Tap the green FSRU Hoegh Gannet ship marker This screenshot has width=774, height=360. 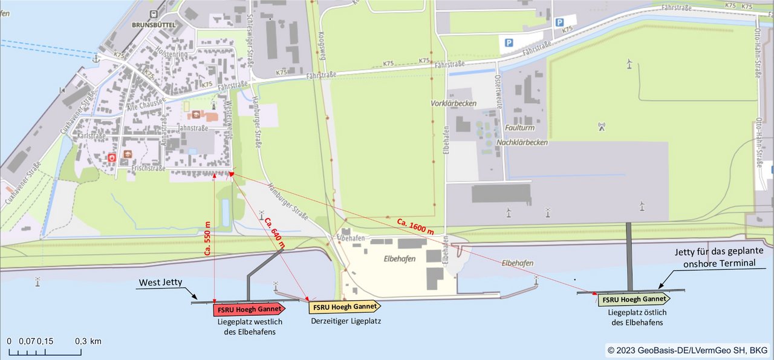pos(634,299)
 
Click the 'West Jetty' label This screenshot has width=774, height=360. pos(160,283)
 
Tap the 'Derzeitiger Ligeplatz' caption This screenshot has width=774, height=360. pos(346,321)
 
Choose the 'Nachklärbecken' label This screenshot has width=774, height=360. pos(522,142)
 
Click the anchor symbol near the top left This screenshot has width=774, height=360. pos(96,58)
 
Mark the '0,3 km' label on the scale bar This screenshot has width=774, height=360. pos(88,341)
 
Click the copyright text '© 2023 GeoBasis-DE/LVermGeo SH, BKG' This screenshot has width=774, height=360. pos(688,350)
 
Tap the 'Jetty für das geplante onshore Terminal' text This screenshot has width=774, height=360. pos(719,257)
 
